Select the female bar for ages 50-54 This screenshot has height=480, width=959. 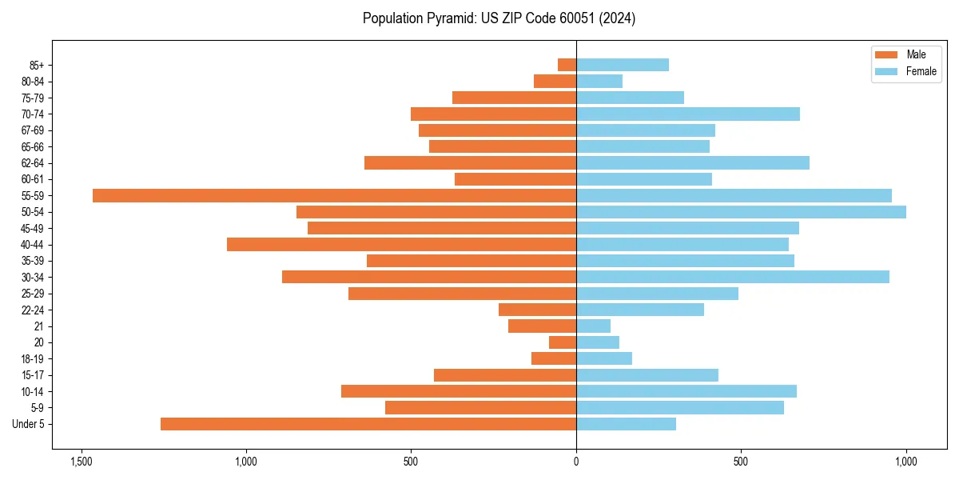click(x=741, y=212)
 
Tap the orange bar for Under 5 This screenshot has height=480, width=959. click(x=368, y=424)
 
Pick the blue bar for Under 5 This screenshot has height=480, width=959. click(x=626, y=424)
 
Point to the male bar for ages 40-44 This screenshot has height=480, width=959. click(x=401, y=244)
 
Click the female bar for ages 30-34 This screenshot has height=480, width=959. click(x=733, y=277)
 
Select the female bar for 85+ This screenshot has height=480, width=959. click(x=623, y=65)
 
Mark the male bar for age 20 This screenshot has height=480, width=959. click(x=563, y=342)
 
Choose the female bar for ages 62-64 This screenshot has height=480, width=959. click(x=693, y=162)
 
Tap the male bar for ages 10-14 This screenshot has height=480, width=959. click(x=459, y=391)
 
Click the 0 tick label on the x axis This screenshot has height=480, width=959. click(x=576, y=462)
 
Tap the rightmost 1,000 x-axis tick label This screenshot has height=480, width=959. click(x=906, y=462)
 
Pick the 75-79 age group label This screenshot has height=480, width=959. click(x=33, y=98)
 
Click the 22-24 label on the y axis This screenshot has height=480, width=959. click(x=33, y=310)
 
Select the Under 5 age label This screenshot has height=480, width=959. click(x=29, y=424)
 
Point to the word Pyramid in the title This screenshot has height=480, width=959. click(x=449, y=18)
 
